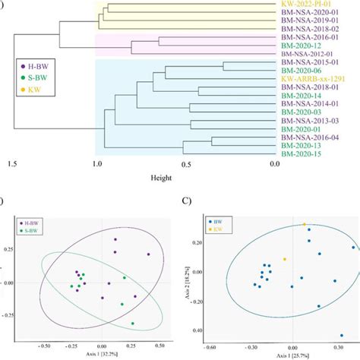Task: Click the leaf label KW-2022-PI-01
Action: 312,5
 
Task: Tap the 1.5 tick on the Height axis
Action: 13,163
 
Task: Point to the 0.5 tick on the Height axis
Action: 184,163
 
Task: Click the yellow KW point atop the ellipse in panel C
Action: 305,225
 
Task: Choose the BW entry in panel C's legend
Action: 216,222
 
